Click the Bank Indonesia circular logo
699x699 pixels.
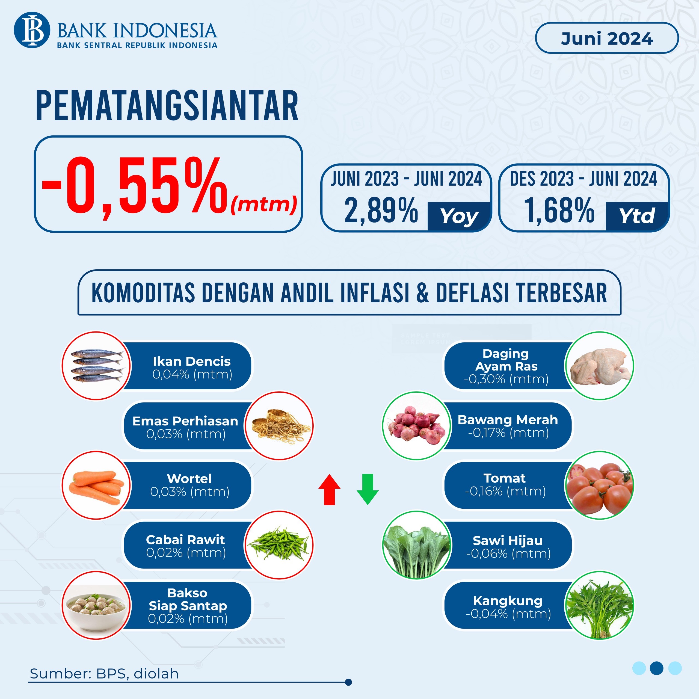[32, 30]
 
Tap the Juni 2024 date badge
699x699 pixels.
[606, 38]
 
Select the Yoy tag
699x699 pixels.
[459, 216]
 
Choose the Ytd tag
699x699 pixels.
[637, 216]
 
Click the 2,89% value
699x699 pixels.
[381, 211]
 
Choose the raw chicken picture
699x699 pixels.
[600, 366]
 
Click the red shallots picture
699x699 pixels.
[417, 426]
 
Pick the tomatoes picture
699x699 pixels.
[600, 485]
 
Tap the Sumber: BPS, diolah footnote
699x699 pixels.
[104, 674]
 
